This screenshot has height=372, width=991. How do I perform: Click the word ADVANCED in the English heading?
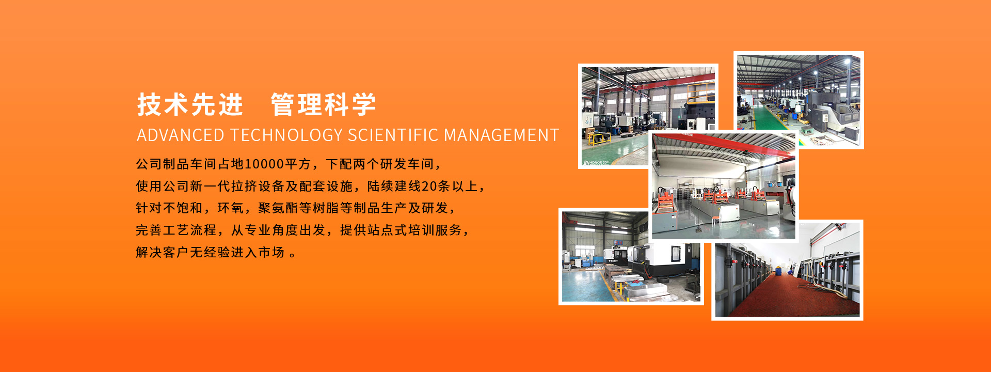point(181,135)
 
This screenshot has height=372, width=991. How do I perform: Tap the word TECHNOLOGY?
point(286,135)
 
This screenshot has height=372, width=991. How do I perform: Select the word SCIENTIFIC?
point(393,135)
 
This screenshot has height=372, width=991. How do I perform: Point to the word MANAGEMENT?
point(501,135)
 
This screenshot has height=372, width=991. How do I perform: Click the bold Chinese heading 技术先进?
point(190,104)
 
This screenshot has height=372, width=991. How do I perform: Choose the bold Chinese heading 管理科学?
point(324,104)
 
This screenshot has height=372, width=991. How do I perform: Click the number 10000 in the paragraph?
point(264,164)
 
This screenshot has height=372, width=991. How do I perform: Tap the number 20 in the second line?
point(429,186)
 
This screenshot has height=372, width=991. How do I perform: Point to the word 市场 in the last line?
point(271,252)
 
